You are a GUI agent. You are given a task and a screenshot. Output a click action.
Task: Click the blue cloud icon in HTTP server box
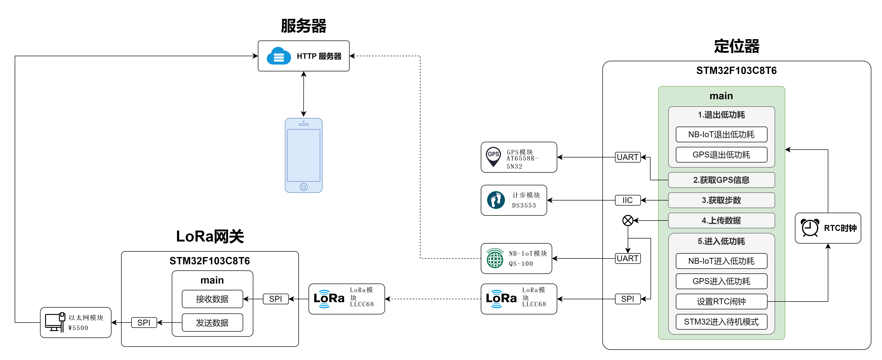[x=279, y=56]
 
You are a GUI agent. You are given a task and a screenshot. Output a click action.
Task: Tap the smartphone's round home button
[x=303, y=187]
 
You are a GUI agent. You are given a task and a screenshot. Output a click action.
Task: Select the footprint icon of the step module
[x=495, y=200]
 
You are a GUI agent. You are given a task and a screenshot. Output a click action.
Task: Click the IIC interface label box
[x=628, y=200]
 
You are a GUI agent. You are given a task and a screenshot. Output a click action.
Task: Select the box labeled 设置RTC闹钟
[x=721, y=301]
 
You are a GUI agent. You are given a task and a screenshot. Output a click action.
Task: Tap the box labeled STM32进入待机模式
[x=721, y=322]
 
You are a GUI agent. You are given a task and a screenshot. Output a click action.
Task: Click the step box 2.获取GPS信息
[x=721, y=180]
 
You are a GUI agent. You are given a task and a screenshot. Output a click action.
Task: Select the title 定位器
[x=736, y=46]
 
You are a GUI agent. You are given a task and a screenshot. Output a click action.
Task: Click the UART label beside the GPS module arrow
[x=628, y=157]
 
